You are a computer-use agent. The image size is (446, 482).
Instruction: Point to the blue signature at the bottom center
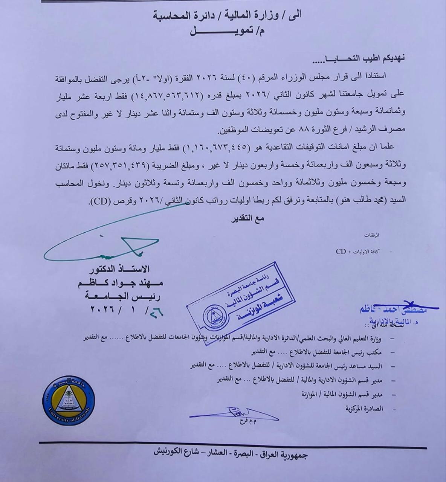234,414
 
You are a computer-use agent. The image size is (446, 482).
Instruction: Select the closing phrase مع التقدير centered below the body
247,218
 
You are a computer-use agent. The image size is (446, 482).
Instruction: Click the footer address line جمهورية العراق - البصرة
232,455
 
